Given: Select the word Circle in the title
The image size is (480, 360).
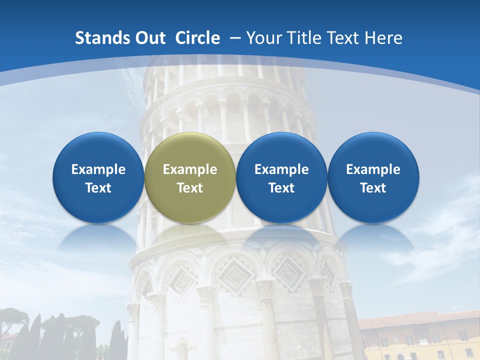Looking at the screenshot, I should pyautogui.click(x=197, y=38).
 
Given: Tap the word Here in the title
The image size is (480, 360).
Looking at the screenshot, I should pyautogui.click(x=384, y=38).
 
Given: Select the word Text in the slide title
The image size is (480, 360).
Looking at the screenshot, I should pyautogui.click(x=346, y=38).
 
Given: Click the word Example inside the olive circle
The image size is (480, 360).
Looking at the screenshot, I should pyautogui.click(x=190, y=169).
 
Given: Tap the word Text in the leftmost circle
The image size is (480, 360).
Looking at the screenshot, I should pyautogui.click(x=98, y=188).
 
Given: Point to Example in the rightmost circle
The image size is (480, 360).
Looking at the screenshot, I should pyautogui.click(x=373, y=169).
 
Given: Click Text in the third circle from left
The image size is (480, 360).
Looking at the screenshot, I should pyautogui.click(x=281, y=188).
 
